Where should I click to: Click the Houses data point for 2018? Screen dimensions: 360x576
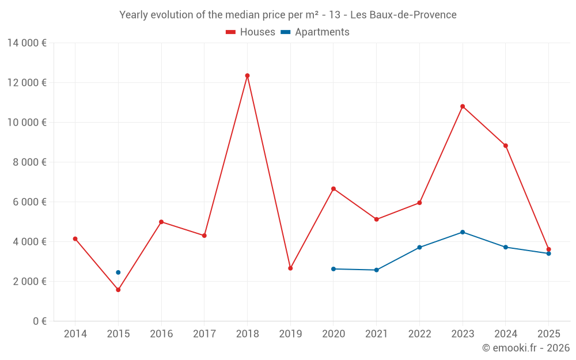(x=247, y=75)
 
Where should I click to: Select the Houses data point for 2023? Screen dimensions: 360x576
(x=463, y=107)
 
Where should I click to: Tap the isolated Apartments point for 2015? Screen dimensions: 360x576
(x=118, y=272)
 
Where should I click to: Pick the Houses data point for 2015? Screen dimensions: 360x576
(x=118, y=290)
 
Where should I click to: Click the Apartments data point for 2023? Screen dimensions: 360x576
(x=463, y=232)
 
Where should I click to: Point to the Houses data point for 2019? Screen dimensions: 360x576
(x=290, y=268)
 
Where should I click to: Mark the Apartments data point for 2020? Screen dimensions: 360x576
(x=334, y=269)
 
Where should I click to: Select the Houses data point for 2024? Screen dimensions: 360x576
(x=506, y=146)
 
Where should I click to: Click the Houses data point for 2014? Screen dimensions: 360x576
(x=75, y=239)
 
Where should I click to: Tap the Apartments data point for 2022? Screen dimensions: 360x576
(x=419, y=248)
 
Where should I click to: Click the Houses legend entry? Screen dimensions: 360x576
(x=251, y=32)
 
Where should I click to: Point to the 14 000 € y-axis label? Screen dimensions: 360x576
(x=26, y=43)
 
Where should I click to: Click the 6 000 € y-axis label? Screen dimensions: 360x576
(x=29, y=202)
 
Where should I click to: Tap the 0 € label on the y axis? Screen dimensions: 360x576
(x=40, y=321)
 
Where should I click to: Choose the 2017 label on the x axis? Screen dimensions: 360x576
(x=204, y=334)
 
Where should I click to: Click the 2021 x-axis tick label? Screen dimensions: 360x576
(x=376, y=334)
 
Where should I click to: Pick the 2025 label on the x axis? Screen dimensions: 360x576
(x=548, y=334)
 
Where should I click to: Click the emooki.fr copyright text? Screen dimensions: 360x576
(x=525, y=348)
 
